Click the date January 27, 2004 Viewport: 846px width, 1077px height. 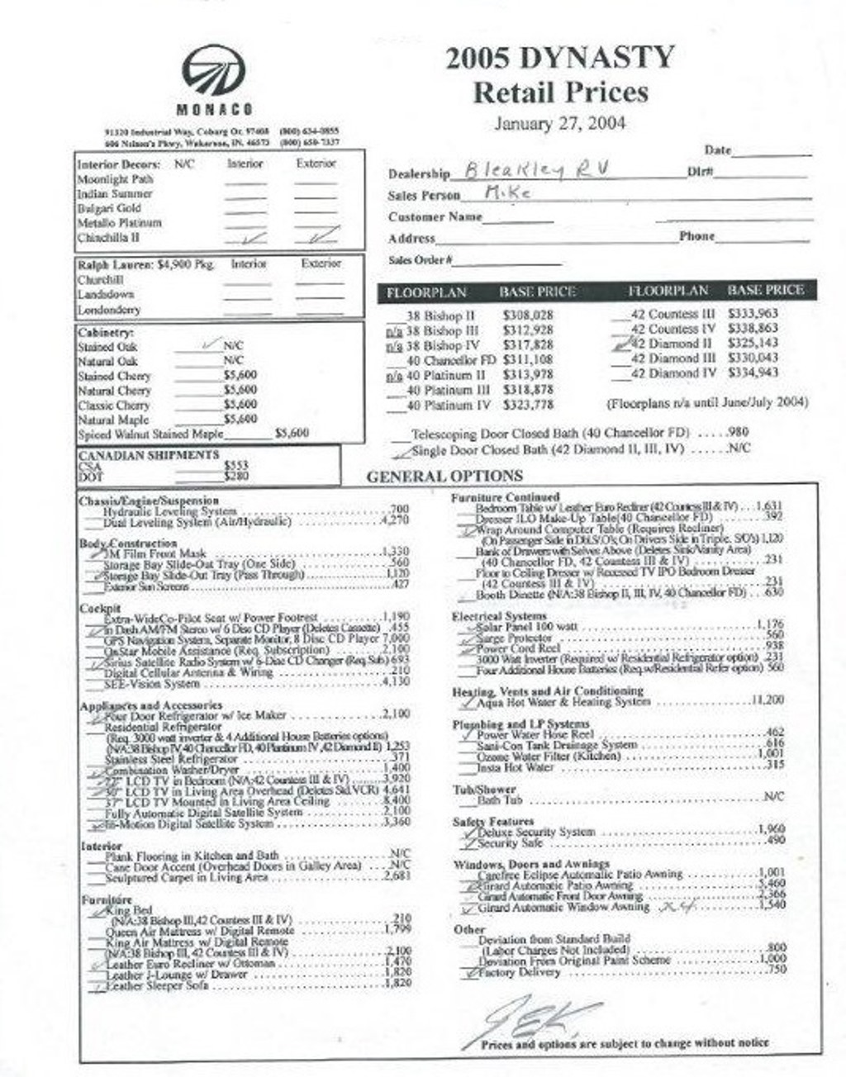coord(559,124)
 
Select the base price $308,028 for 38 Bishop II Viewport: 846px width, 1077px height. coord(527,316)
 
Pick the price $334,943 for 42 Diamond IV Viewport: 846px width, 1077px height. coord(753,373)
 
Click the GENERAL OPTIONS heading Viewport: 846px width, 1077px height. coord(444,477)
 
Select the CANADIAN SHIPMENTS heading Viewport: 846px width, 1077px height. coord(149,455)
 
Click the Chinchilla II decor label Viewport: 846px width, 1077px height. coord(108,238)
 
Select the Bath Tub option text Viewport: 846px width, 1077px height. coord(500,800)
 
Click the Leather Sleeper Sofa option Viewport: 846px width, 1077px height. coord(156,984)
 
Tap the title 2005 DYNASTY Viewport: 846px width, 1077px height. coord(560,58)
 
